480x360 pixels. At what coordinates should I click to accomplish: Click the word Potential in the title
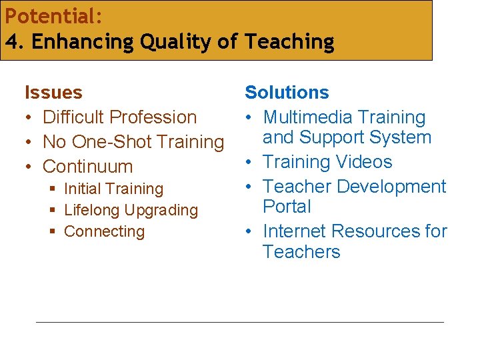coord(51,15)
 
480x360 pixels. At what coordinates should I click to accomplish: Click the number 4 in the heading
coord(12,41)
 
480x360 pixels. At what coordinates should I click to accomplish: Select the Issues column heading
coord(53,92)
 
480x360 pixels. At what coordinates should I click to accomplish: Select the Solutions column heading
coord(287,92)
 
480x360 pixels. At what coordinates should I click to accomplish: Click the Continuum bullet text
coord(87,167)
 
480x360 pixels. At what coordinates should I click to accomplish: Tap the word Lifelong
coord(92,211)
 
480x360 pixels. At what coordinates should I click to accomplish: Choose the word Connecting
coord(104,232)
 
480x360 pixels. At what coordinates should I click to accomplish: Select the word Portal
coord(287,207)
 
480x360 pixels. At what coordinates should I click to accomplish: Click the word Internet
coord(297,231)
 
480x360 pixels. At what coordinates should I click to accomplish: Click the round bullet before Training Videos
coord(248,162)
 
